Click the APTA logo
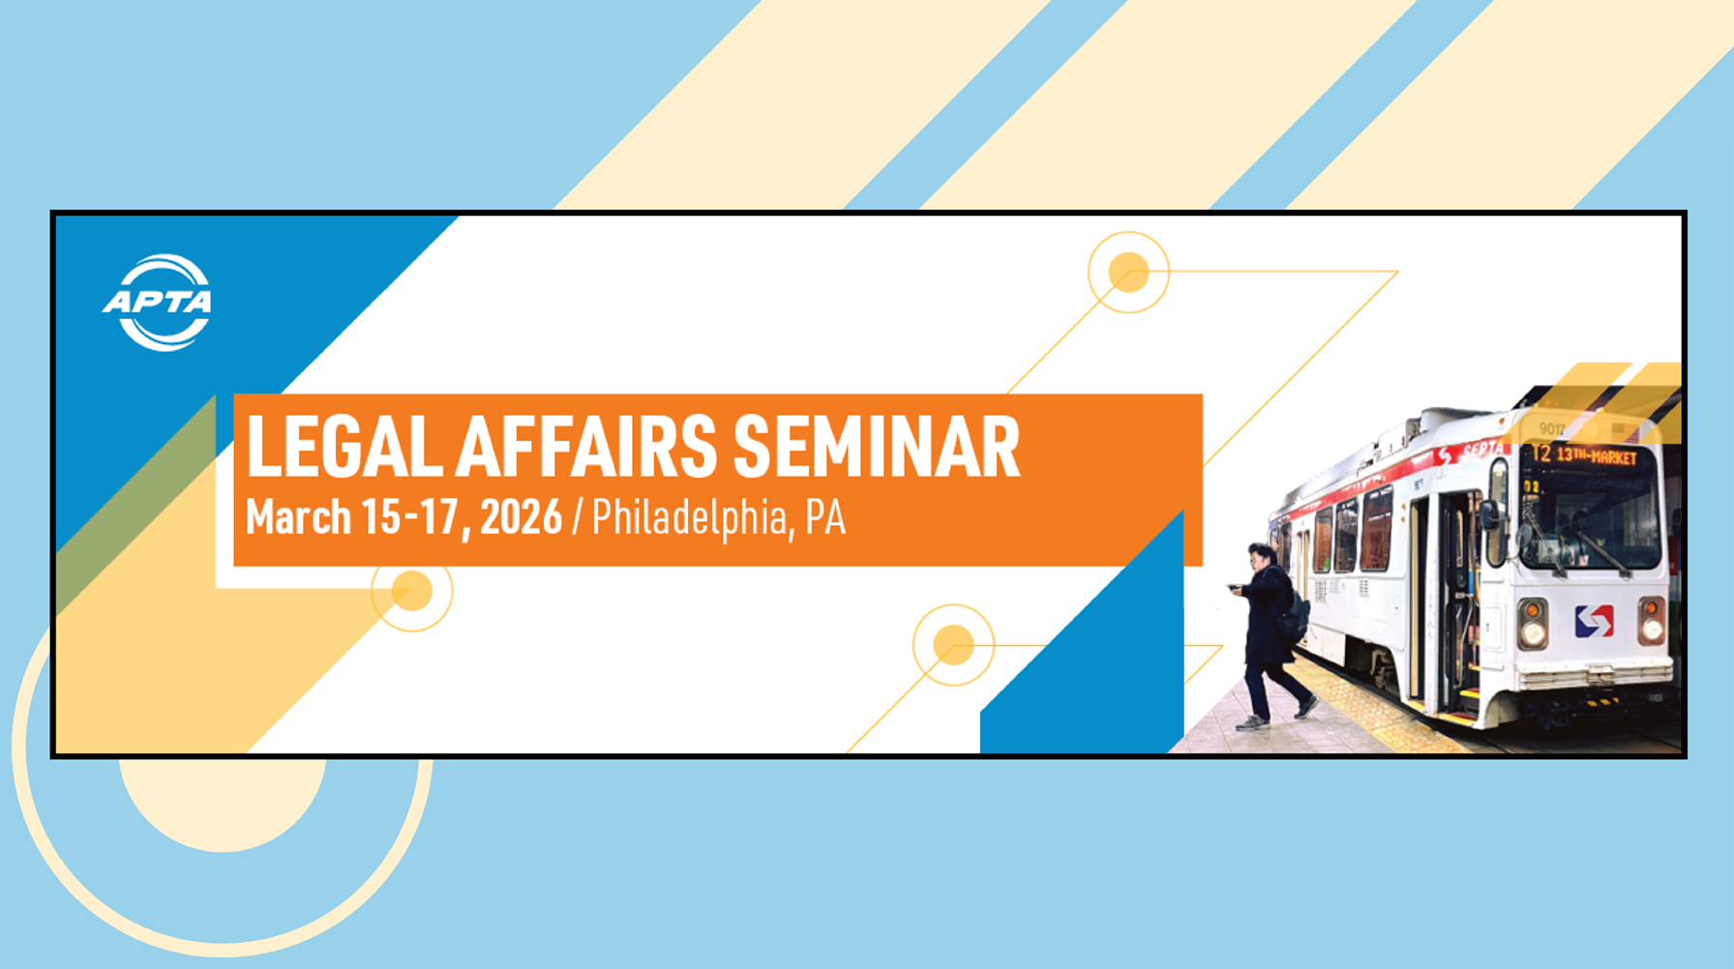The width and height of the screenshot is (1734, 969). tap(157, 302)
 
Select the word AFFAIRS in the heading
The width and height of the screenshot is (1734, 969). tap(587, 447)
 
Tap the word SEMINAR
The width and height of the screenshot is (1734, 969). tap(877, 447)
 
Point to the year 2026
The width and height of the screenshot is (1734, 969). tap(522, 517)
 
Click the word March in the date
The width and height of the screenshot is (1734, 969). tap(298, 516)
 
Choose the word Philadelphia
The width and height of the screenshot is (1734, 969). tap(691, 518)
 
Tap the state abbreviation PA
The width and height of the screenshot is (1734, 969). tap(825, 517)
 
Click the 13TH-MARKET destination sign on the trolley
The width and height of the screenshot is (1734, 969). tap(1596, 455)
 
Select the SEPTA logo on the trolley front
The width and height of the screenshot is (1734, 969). tap(1594, 620)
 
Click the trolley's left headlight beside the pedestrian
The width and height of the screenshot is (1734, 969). tap(1533, 624)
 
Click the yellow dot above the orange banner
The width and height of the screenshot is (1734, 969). tap(1128, 272)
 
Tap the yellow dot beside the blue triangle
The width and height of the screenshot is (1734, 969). tap(953, 645)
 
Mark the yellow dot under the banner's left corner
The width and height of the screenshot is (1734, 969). tap(412, 591)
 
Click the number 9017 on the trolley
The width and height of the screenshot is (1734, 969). tap(1551, 428)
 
